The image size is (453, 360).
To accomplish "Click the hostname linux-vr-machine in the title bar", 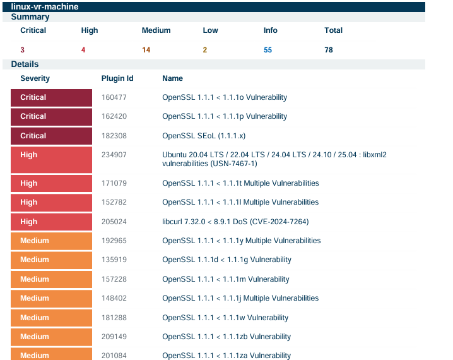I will (x=45, y=6).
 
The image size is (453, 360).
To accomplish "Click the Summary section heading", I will (x=30, y=17).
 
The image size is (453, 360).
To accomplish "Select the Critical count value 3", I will (x=23, y=50).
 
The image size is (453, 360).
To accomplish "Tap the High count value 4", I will (x=83, y=50).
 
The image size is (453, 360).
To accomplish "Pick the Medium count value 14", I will (x=146, y=50).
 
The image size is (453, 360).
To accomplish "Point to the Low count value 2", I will (x=205, y=50).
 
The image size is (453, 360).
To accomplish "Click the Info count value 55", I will (x=268, y=50).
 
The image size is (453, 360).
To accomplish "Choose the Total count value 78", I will (x=329, y=50).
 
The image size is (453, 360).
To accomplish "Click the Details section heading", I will (x=25, y=64).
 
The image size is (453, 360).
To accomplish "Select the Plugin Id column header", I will (x=117, y=78).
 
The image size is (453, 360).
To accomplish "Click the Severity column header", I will (x=35, y=78).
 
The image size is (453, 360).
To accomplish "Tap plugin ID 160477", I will (x=114, y=97).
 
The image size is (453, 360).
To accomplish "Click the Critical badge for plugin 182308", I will (x=52, y=136).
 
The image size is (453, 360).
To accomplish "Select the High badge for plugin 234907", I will (x=52, y=159).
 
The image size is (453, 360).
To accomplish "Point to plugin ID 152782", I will (x=114, y=202).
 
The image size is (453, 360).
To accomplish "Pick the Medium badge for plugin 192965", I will (x=52, y=241).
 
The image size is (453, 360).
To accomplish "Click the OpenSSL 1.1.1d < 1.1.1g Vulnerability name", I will (x=226, y=260).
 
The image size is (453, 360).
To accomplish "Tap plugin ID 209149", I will (x=114, y=337).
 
